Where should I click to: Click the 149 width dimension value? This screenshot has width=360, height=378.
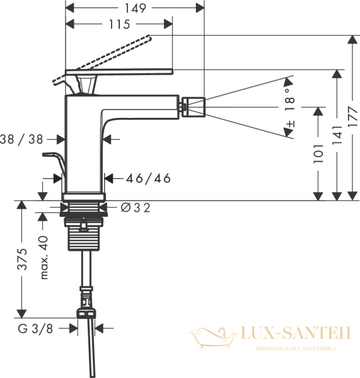135,8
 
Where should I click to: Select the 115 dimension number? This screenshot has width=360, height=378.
119,25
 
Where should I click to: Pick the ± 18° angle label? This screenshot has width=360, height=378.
290,110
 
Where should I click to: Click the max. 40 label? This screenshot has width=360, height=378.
44,257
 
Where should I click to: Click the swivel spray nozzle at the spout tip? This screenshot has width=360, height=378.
194,106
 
